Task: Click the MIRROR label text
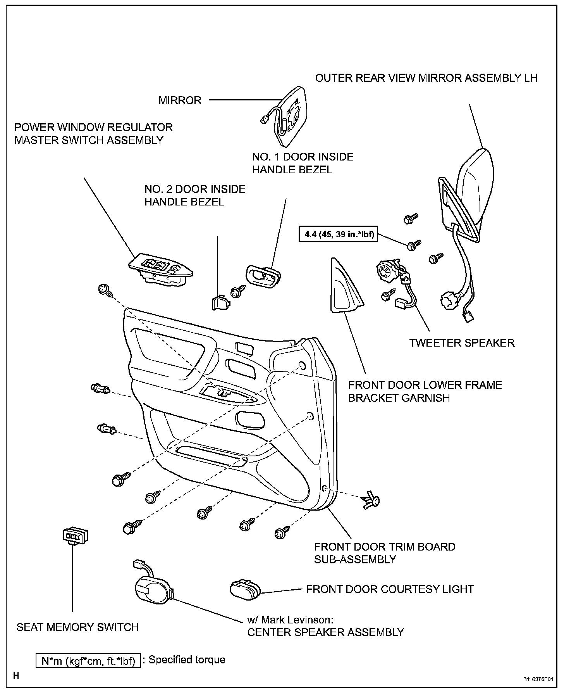tap(180, 100)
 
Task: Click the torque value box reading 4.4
tap(338, 234)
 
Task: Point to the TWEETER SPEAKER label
tap(462, 343)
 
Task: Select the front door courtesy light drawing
tap(245, 589)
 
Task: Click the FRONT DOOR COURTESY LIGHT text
tap(390, 589)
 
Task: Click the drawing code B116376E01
tap(537, 680)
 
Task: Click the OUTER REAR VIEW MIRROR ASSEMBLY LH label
tap(426, 78)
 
